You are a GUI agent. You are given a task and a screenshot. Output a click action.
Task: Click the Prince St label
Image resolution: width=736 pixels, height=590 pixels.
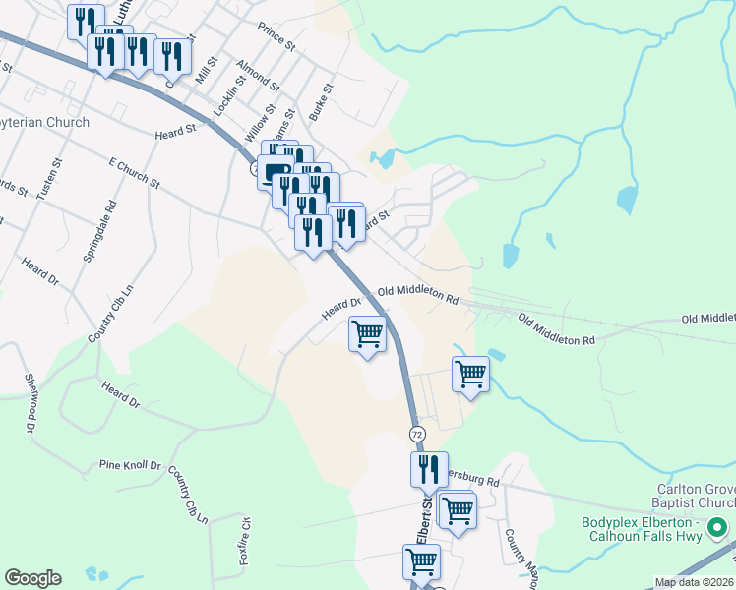pos(276,39)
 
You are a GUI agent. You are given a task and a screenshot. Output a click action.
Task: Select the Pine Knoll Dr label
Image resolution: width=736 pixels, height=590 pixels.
pos(129,464)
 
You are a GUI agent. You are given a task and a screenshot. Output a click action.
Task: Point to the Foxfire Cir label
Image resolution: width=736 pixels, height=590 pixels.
pos(245,542)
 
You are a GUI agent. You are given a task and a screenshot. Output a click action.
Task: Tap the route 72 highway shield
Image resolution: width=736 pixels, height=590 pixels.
pos(418,434)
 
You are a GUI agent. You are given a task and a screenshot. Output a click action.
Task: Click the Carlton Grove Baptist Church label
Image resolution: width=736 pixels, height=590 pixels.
pos(695,496)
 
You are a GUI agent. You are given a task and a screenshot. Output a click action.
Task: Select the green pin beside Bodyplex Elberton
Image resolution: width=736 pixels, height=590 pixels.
pos(718,529)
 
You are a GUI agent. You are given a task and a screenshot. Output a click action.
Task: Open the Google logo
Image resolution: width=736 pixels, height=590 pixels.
pos(32,578)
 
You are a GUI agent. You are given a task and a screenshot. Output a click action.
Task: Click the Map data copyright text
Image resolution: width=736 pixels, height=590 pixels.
pos(694,582)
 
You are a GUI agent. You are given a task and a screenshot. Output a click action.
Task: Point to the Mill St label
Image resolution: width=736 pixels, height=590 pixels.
pos(205,70)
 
